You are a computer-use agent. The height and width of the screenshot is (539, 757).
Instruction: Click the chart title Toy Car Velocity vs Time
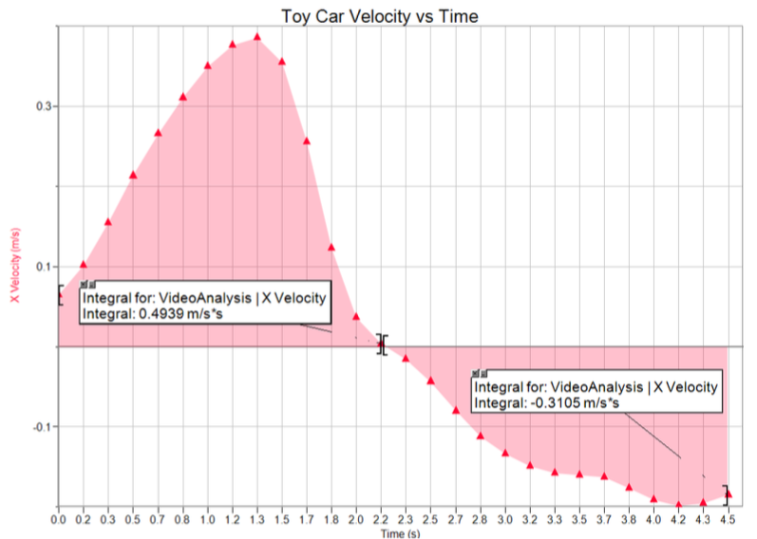pos(378,17)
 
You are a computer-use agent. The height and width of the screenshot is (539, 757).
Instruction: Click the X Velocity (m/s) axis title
pos(15,266)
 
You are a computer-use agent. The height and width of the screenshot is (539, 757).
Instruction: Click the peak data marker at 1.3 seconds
pos(256,38)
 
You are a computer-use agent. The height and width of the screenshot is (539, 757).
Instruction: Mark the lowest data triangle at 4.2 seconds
pos(678,504)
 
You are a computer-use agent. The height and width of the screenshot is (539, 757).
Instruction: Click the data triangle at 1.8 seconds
pos(331,248)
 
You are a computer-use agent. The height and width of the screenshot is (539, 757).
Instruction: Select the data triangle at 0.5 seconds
pos(133,176)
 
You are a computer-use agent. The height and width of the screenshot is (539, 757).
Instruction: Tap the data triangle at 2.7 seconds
pos(455,410)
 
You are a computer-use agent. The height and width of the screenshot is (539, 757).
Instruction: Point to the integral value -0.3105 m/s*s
pos(574,403)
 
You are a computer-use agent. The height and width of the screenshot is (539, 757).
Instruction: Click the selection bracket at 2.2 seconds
pos(382,344)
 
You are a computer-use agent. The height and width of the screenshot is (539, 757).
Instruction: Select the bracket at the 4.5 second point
pos(728,494)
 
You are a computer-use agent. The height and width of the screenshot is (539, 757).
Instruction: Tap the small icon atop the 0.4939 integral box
pos(87,284)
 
